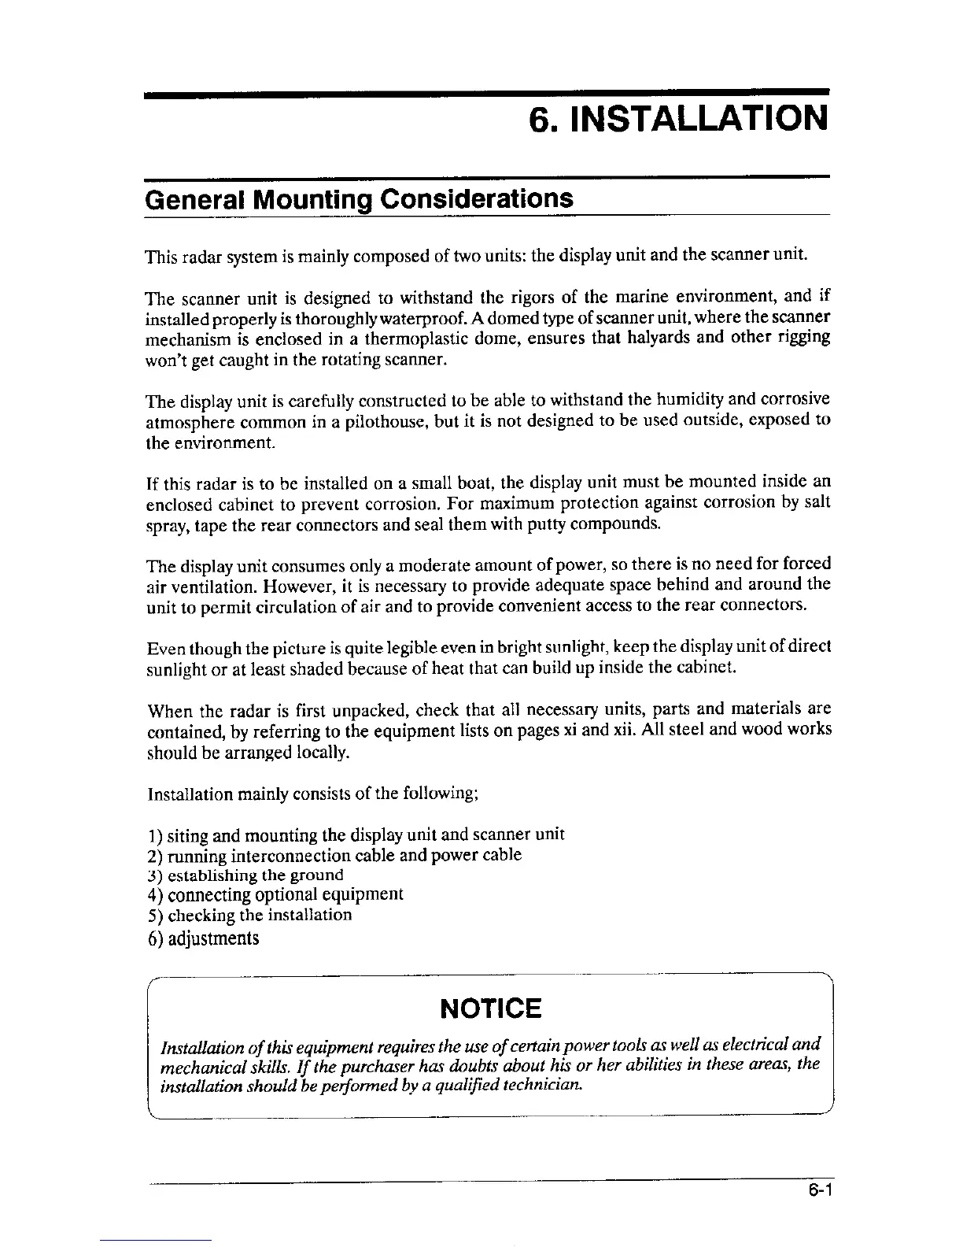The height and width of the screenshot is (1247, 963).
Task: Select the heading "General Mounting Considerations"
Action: [359, 198]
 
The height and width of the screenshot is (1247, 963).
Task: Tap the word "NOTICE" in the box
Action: [491, 1008]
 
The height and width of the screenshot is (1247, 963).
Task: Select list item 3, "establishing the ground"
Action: [245, 875]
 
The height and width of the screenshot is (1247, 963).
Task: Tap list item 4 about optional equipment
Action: [275, 894]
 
